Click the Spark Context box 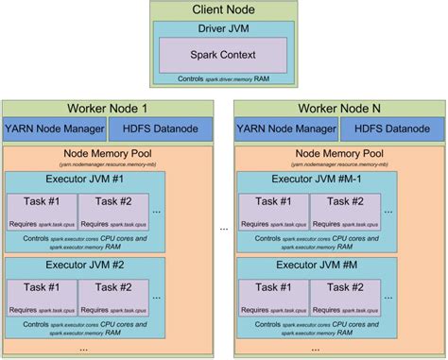pyautogui.click(x=223, y=54)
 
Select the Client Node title pyautogui.click(x=223, y=10)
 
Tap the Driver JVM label pyautogui.click(x=223, y=28)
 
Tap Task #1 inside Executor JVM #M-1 pyautogui.click(x=272, y=208)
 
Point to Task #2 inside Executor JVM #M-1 pyautogui.click(x=343, y=208)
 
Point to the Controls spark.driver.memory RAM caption pyautogui.click(x=223, y=78)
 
